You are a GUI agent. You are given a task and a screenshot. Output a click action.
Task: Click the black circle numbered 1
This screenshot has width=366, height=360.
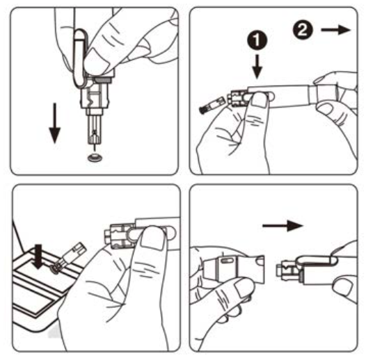pyautogui.click(x=257, y=40)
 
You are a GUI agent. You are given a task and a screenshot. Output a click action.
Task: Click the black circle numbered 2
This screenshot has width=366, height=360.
pyautogui.click(x=303, y=30)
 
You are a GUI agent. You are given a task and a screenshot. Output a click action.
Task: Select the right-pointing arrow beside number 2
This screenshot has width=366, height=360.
pyautogui.click(x=336, y=30)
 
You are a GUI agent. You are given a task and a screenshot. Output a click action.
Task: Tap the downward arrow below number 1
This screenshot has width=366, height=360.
pyautogui.click(x=257, y=67)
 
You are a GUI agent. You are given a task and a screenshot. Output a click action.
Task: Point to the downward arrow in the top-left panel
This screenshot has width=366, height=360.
pyautogui.click(x=54, y=123)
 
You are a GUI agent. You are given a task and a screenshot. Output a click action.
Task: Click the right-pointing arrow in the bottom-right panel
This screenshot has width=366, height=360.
pyautogui.click(x=283, y=226)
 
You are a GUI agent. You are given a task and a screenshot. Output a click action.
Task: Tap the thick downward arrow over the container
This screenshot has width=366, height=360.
pyautogui.click(x=38, y=256)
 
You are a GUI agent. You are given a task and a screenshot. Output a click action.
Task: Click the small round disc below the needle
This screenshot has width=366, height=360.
pyautogui.click(x=95, y=158)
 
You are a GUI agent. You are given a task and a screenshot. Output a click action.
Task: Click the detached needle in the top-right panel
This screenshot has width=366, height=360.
pyautogui.click(x=212, y=105)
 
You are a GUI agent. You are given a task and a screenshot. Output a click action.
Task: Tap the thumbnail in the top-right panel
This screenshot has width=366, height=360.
pyautogui.click(x=259, y=99)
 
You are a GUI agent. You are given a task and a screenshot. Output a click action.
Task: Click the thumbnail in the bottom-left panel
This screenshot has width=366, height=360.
pyautogui.click(x=152, y=238)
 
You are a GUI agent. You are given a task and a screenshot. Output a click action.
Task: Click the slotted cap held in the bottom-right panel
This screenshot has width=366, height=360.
pyautogui.click(x=234, y=270)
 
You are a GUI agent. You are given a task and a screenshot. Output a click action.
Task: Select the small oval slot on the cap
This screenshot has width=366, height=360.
pyautogui.click(x=227, y=261)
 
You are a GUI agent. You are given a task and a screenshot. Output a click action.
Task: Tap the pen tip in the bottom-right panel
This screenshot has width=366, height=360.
pyautogui.click(x=289, y=270)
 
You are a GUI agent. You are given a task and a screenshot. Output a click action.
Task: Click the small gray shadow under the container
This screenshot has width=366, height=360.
pyautogui.click(x=53, y=333)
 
